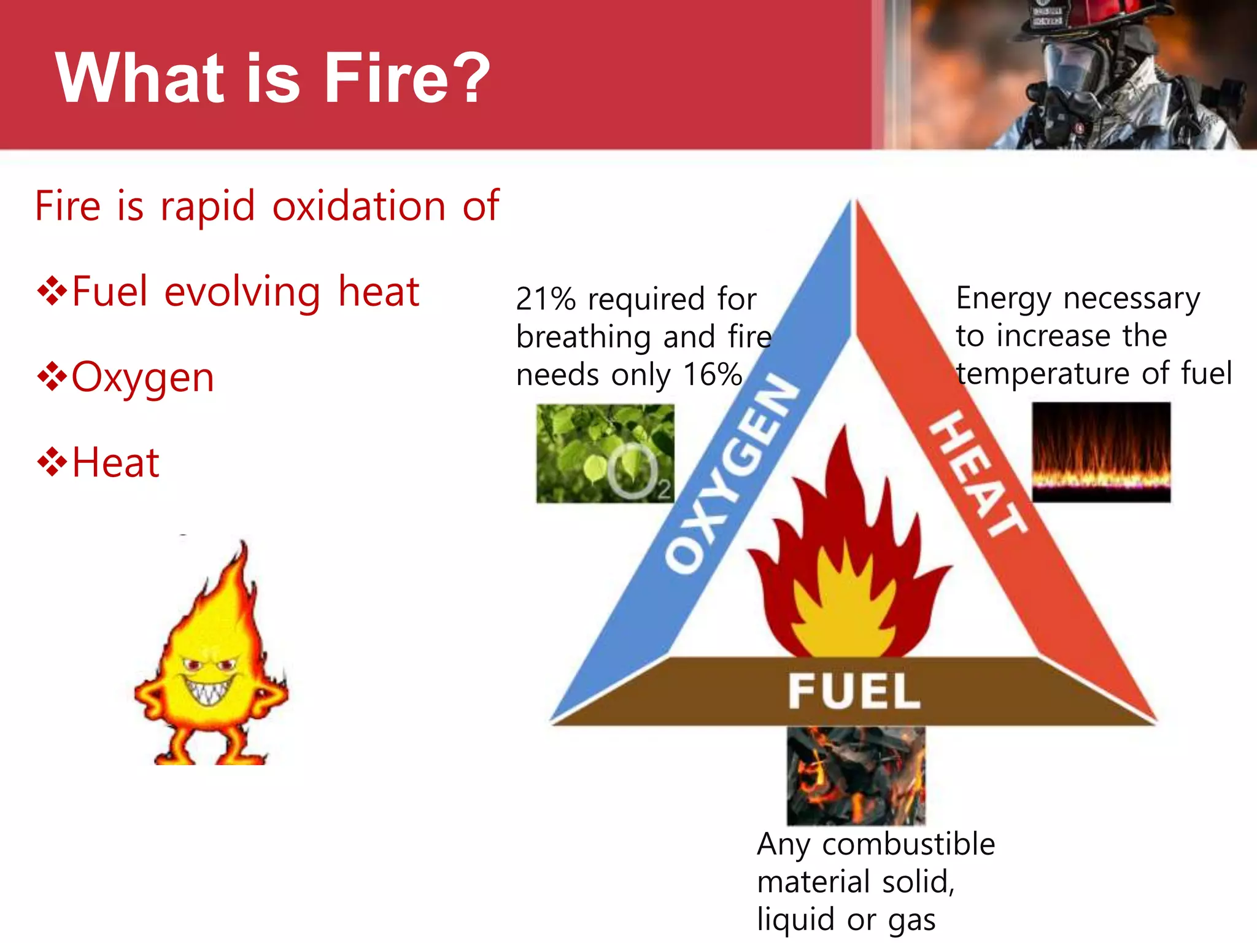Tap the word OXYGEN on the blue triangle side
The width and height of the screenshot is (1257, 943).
click(733, 473)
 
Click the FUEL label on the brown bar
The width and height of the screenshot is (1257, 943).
click(854, 691)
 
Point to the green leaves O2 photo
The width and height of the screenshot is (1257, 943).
click(605, 453)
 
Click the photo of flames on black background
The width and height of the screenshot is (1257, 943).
click(1101, 452)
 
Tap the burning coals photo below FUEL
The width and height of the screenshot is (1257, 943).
click(856, 776)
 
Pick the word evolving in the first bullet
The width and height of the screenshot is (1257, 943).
click(242, 292)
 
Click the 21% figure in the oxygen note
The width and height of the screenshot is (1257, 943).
click(545, 300)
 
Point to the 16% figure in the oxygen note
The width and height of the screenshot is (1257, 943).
click(712, 374)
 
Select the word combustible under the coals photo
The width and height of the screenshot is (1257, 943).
click(908, 844)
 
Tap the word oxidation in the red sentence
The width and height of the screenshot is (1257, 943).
click(358, 206)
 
